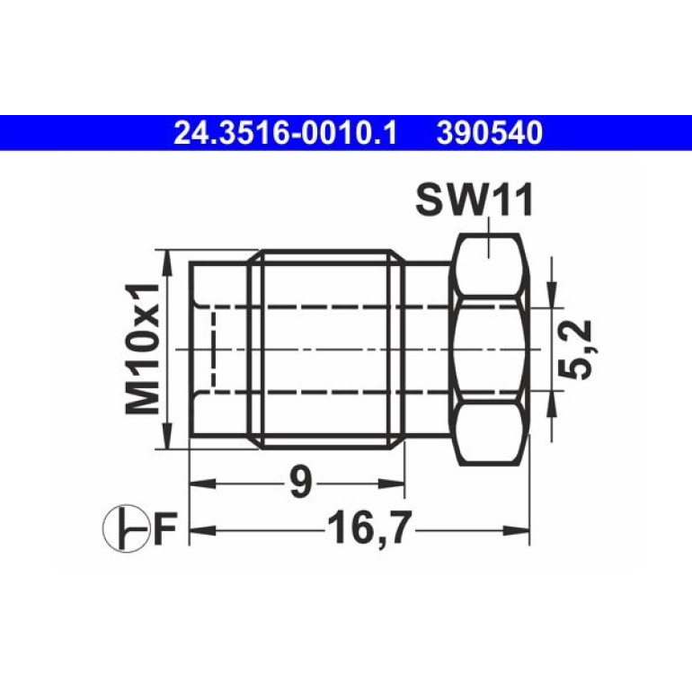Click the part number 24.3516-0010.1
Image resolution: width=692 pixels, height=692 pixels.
286,134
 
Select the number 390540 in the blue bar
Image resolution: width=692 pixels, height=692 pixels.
490,134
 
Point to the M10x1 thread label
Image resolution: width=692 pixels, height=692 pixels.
142,349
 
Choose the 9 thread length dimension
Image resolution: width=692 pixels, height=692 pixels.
300,482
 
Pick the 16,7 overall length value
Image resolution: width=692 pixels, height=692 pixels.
369,528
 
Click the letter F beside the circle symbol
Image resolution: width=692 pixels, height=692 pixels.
165,528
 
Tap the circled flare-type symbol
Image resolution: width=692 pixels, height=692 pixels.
126,528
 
